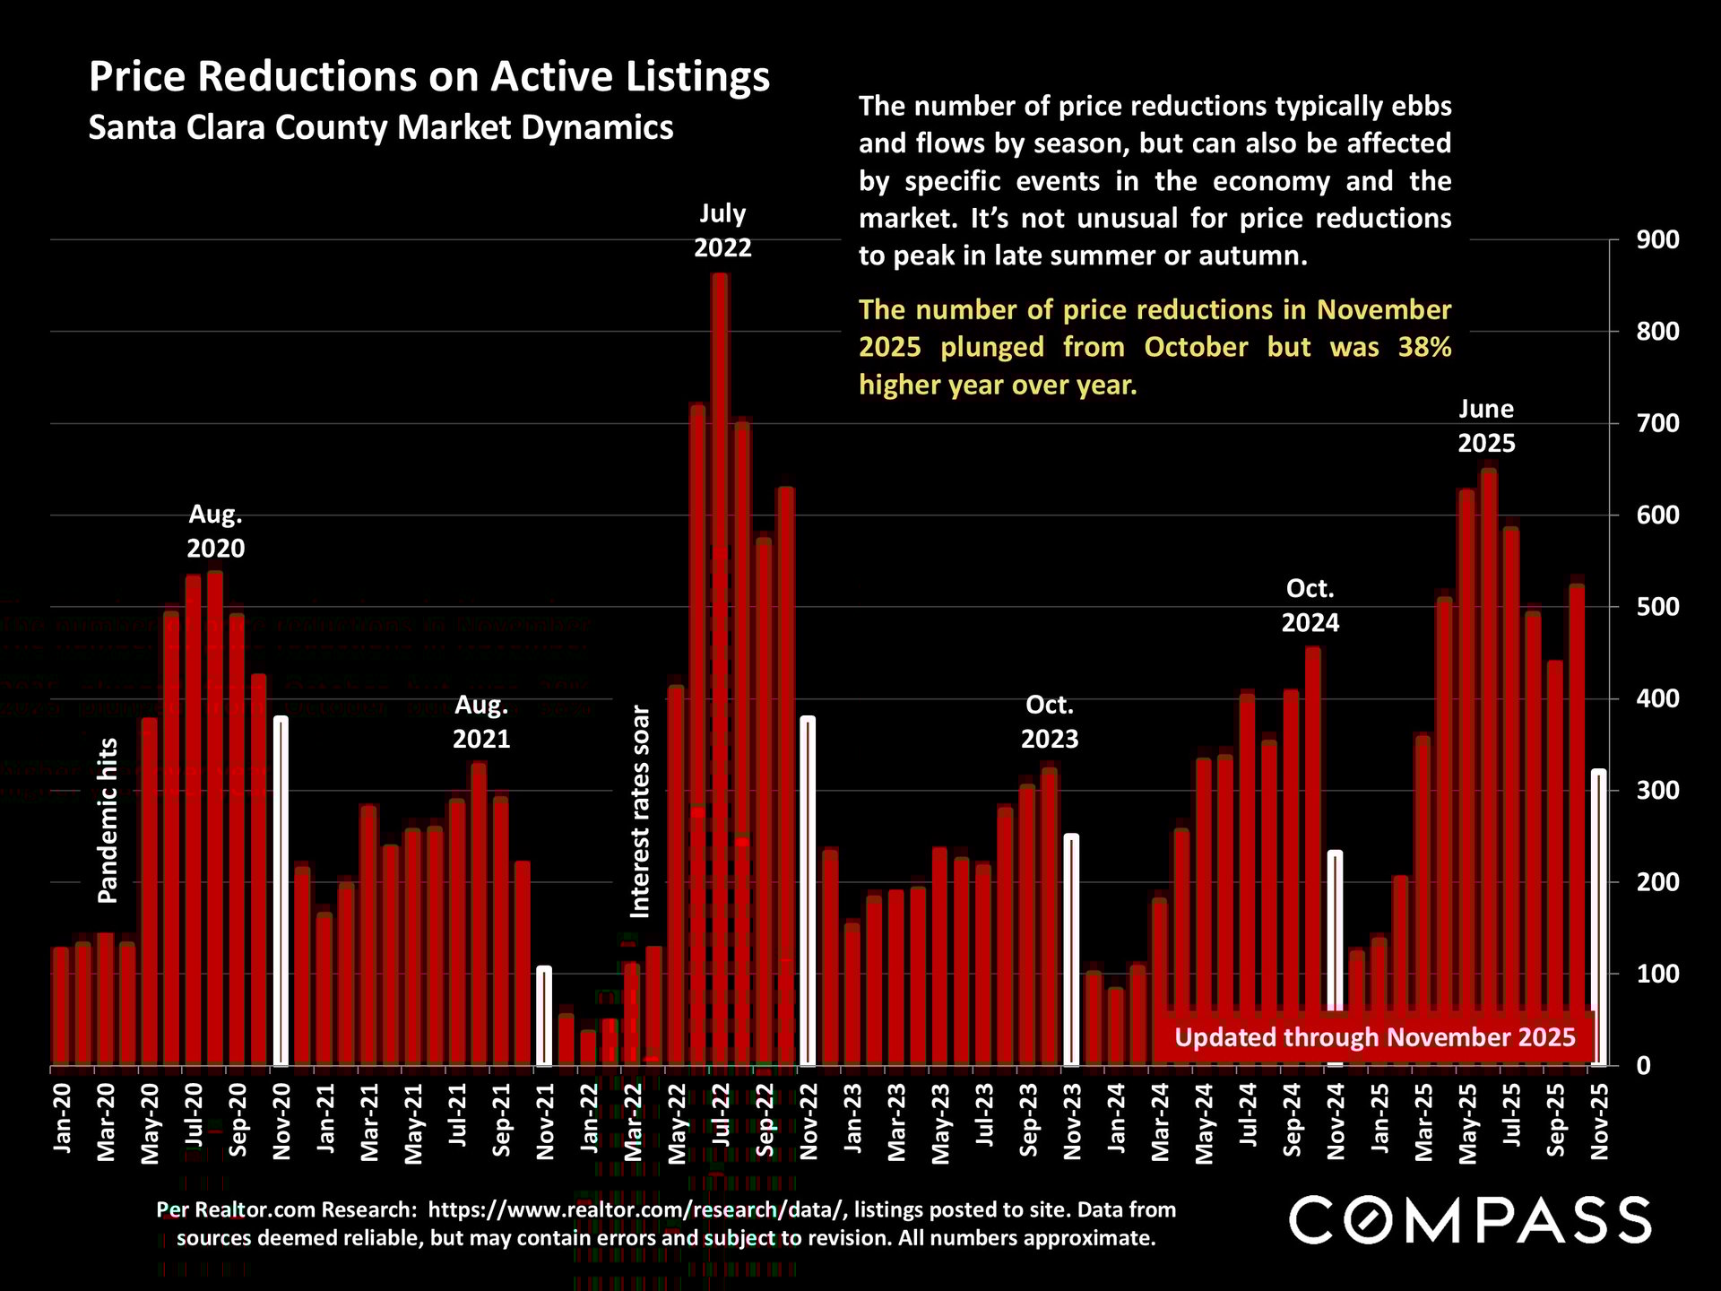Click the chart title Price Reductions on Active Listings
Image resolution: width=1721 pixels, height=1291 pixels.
[429, 77]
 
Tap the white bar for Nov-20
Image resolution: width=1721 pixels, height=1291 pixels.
[281, 891]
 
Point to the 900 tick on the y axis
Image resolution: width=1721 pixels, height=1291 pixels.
[1657, 240]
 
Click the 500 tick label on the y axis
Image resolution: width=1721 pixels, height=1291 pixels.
[1657, 607]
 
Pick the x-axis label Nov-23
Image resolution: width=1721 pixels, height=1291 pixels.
[1072, 1121]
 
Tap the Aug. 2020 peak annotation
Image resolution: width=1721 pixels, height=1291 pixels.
[215, 532]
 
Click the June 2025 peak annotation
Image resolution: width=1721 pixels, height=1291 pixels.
[1485, 426]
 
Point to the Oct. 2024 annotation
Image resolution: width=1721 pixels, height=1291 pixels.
[1310, 606]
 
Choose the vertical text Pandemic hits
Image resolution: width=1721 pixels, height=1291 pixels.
[108, 819]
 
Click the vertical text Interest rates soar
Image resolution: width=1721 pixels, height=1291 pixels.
[640, 811]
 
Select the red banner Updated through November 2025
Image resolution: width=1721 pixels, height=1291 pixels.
[1374, 1037]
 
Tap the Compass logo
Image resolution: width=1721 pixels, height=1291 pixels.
[1469, 1220]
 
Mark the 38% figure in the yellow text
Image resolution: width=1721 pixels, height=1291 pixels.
[1424, 348]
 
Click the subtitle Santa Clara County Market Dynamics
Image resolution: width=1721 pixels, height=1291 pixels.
[381, 127]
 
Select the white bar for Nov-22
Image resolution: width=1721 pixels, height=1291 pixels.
[808, 891]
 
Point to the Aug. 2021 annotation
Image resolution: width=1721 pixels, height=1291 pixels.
[481, 723]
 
